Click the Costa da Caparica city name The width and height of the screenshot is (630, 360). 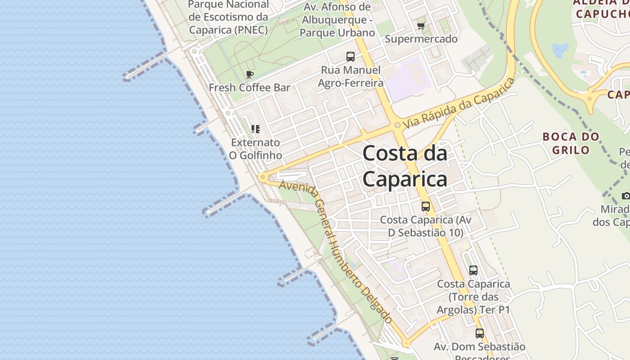coord(405,166)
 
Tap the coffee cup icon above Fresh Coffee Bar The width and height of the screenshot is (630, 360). coord(250,74)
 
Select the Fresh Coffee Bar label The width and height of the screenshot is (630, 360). coord(249,87)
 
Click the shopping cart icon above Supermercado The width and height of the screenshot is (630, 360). coord(421,26)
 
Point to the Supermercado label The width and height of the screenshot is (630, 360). coord(421,39)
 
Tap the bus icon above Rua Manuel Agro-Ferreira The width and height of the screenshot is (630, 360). coord(351,57)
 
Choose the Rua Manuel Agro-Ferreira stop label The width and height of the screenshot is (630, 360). coord(351,76)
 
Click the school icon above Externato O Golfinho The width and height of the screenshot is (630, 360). coord(256,130)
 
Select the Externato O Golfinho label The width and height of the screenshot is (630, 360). coord(256,149)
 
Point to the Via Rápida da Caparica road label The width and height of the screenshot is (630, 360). coord(459,103)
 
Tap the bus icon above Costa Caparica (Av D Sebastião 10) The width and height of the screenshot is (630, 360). coord(426,207)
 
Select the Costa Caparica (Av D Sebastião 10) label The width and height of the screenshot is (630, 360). coord(426,226)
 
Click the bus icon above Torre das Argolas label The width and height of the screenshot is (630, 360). coord(473,270)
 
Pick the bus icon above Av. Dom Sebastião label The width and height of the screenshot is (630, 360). coord(480,333)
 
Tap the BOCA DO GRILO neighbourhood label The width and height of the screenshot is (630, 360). coord(571,143)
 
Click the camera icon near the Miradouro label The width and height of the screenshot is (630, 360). coord(625,196)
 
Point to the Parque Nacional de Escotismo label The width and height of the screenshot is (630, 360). coord(228,17)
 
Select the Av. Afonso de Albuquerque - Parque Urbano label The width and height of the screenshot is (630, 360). coord(337,20)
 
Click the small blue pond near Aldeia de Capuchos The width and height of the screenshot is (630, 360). coord(560,50)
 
